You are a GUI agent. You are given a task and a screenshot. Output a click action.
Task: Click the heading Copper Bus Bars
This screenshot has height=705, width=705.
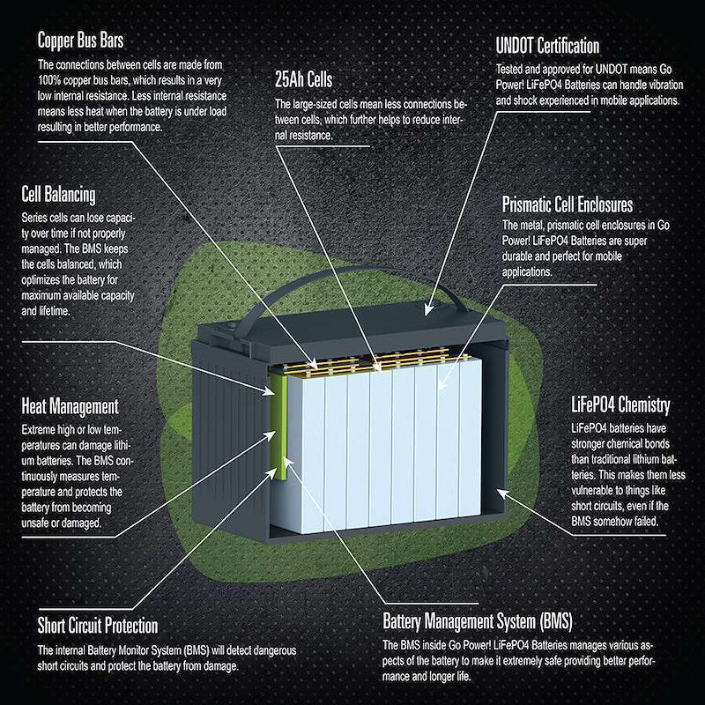tap(80, 41)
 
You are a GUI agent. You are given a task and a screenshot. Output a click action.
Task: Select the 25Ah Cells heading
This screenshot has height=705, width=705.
tap(303, 79)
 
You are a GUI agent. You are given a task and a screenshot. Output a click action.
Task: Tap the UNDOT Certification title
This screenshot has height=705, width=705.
tap(547, 46)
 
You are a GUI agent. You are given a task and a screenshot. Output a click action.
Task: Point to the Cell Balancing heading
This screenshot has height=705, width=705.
tap(58, 195)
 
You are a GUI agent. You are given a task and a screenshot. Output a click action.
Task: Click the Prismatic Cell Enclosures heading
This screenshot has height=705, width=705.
tap(568, 204)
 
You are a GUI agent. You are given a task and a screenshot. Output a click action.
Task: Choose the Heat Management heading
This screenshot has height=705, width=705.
tap(70, 406)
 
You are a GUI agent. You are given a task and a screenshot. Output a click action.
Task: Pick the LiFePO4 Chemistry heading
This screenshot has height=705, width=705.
tap(620, 404)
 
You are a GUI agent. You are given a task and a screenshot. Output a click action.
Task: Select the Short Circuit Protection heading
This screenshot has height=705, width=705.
tap(98, 626)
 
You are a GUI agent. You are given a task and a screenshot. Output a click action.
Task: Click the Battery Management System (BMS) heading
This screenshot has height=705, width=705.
tap(478, 621)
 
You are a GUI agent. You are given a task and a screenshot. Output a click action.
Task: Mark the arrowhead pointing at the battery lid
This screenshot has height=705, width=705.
tap(428, 309)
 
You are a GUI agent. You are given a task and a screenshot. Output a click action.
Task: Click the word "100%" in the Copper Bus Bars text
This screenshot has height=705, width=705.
tap(49, 80)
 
